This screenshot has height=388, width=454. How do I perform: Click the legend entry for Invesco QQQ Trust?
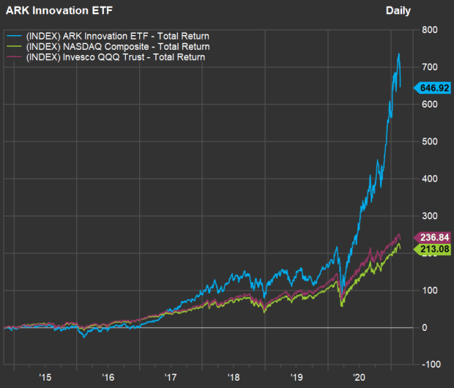pos(109,57)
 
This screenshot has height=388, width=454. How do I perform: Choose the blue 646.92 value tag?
pos(433,88)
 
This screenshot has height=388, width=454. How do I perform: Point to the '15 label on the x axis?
pos(45,378)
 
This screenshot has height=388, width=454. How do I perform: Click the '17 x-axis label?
pos(171,378)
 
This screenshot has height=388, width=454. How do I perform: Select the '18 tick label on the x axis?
pos(234,378)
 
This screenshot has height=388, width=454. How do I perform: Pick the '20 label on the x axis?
pos(359,378)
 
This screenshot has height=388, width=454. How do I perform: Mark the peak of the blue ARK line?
pos(398,53)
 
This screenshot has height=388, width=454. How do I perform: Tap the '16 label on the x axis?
pos(108,378)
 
